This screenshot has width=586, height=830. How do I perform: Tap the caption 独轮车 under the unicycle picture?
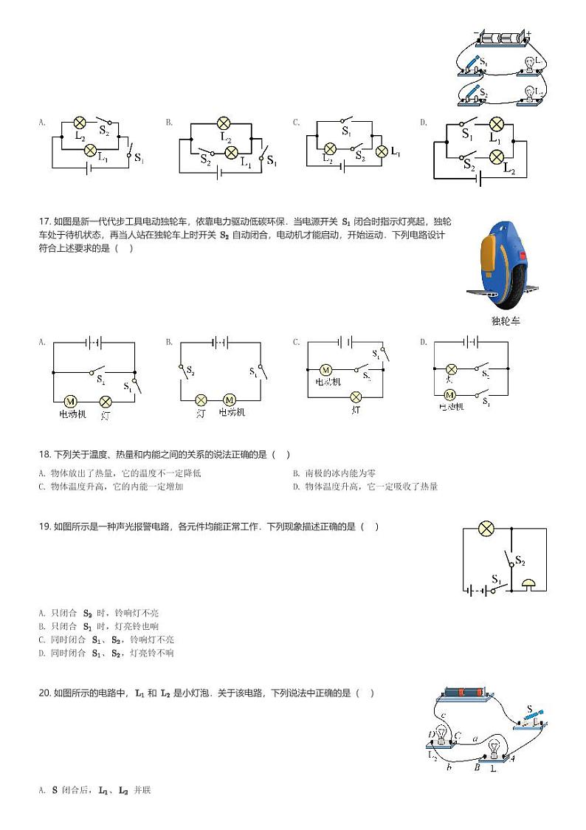pos(505,321)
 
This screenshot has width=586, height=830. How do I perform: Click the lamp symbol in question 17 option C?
pos(356,397)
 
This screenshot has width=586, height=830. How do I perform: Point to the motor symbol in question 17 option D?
pos(449,395)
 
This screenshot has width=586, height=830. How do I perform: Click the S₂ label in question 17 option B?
pos(190,371)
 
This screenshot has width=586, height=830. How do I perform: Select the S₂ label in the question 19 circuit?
pos(520,561)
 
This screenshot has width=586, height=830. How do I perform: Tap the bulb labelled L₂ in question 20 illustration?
pos(441,735)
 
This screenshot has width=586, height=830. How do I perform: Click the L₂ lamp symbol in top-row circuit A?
pos(80,123)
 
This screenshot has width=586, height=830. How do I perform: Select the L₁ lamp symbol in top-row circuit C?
pos(382,151)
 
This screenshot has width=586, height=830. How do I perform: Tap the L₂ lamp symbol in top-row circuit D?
pos(497,156)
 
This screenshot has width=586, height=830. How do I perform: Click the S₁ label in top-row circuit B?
pos(272,160)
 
